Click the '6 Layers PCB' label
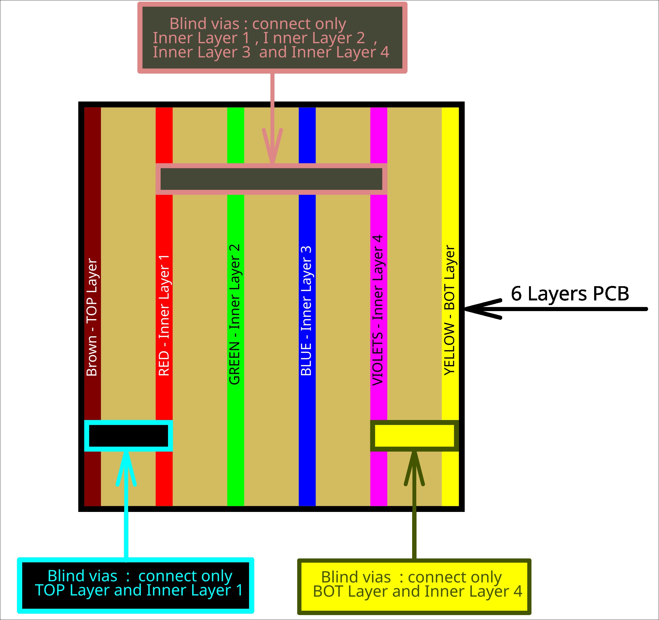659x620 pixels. pyautogui.click(x=570, y=294)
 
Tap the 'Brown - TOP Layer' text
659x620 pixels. pyautogui.click(x=92, y=317)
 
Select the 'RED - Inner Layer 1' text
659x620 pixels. pyautogui.click(x=164, y=315)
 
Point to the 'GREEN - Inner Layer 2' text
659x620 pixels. pyautogui.click(x=235, y=314)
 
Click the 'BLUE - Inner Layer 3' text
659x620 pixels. pyautogui.click(x=306, y=311)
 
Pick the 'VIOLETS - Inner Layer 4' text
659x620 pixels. pyautogui.click(x=378, y=311)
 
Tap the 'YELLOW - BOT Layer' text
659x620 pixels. pyautogui.click(x=449, y=310)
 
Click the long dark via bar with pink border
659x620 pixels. pyautogui.click(x=271, y=179)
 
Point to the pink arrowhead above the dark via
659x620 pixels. pyautogui.click(x=272, y=146)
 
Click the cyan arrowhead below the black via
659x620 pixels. pyautogui.click(x=126, y=467)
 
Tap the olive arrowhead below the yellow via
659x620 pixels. pyautogui.click(x=414, y=467)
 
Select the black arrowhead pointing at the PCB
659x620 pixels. pyautogui.click(x=481, y=309)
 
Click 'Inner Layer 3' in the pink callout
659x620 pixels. pyautogui.click(x=201, y=52)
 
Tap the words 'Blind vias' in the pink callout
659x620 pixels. pyautogui.click(x=204, y=24)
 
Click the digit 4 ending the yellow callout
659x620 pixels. pyautogui.click(x=518, y=592)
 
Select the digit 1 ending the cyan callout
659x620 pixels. pyautogui.click(x=240, y=590)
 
